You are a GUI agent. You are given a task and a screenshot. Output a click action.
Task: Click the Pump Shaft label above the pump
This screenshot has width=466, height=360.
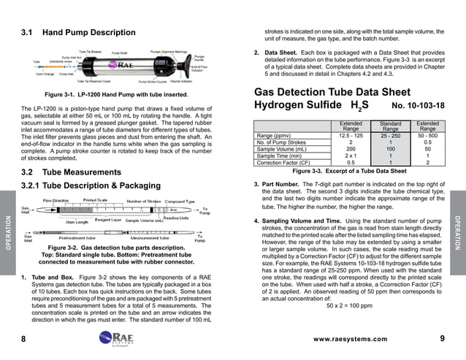click(119, 53)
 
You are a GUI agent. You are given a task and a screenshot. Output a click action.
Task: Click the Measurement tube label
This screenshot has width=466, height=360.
click(150, 237)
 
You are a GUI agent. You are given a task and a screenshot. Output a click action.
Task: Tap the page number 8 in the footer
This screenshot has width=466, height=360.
click(23, 340)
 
